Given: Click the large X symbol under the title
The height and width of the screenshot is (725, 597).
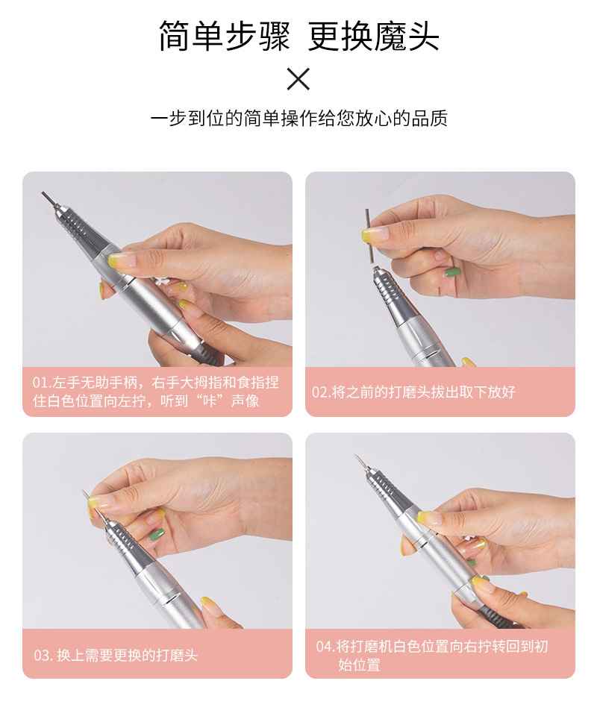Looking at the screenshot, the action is pos(298,79).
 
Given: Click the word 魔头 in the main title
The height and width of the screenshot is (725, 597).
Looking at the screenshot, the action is pos(406,37).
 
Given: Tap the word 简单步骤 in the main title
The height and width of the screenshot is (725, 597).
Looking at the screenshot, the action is pos(224,37).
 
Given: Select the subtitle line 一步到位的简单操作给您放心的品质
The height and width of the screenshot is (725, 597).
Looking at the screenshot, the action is pos(298,119).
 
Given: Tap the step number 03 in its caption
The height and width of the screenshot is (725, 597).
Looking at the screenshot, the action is pos(41,655).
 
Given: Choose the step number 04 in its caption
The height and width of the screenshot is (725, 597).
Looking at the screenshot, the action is pos(324,647).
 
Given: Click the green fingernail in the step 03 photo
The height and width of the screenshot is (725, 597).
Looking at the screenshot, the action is pos(156,535).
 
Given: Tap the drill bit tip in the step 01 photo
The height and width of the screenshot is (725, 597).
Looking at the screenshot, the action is pos(49,200).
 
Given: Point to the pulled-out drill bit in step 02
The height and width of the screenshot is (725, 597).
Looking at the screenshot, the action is pos(369,236).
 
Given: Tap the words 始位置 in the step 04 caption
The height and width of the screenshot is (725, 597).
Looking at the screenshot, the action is pos(359,665).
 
